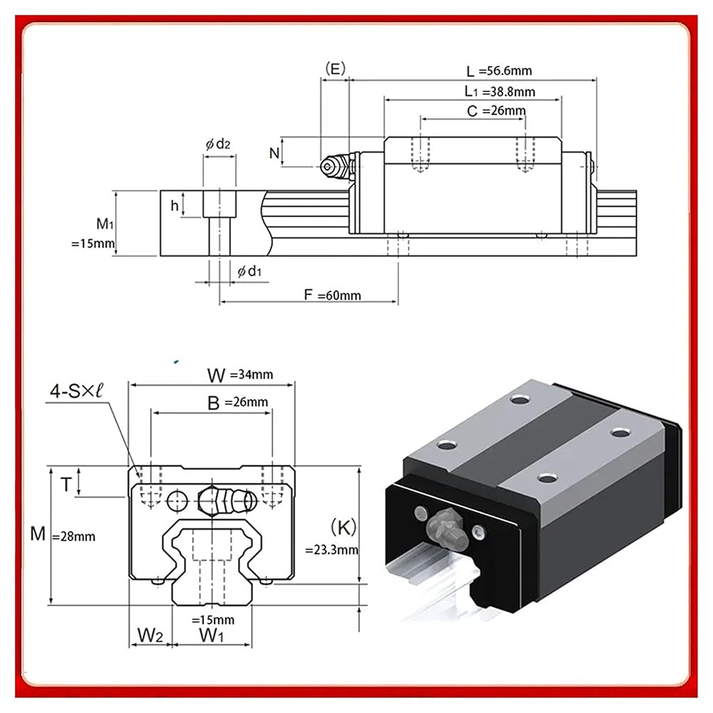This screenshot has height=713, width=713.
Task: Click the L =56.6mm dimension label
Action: coord(499,71)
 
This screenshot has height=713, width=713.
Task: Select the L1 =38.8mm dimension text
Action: coord(499,91)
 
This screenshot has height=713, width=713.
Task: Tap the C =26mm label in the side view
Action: coord(496,111)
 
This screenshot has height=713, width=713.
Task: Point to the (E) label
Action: coord(335,68)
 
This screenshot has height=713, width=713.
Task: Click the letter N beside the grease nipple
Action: coord(274,153)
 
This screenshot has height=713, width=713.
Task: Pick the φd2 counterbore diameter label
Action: coord(217,144)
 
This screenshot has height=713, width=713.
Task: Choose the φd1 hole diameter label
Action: coord(250,272)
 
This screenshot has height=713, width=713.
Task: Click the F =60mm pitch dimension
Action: coord(332,295)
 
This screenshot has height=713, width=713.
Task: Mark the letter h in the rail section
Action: coord(175,206)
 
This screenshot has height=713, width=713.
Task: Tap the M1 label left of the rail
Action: coord(105,223)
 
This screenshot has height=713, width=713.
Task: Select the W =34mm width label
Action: coord(240,375)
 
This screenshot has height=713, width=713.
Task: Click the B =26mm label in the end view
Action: coord(238,402)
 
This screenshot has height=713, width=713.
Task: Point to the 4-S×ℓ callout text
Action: coord(76,391)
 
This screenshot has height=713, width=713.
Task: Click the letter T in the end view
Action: coord(66,485)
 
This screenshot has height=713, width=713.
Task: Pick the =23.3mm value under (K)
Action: coord(332,550)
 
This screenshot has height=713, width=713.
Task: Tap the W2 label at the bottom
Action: coord(150,635)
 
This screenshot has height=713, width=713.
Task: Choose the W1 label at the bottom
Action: coord(212,635)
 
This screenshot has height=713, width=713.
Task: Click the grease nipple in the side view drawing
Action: coord(336,166)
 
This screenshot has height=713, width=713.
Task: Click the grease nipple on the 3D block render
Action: coord(448,530)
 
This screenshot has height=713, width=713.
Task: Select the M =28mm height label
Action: coord(63,534)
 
